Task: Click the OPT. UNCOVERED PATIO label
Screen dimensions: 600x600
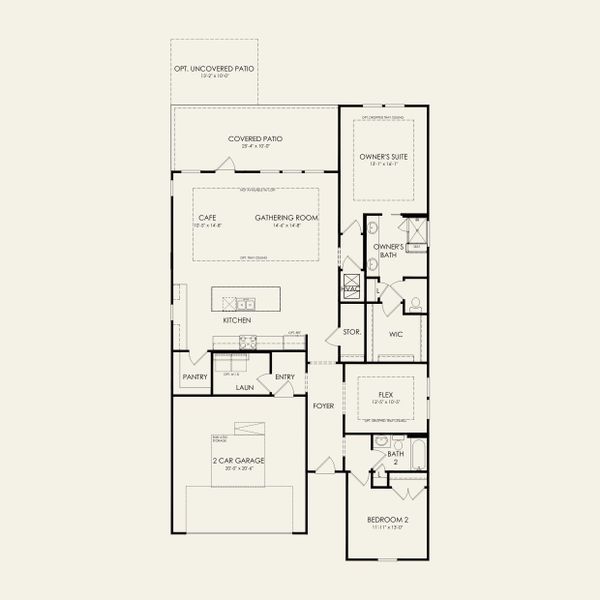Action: tap(214, 68)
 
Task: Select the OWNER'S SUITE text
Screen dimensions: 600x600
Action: tap(385, 157)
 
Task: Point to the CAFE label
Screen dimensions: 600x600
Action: tap(208, 218)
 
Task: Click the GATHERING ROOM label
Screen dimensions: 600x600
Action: tap(286, 218)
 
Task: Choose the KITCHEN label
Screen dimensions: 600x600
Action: tap(237, 320)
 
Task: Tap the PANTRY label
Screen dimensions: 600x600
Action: tap(195, 377)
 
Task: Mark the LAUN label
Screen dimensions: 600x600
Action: tap(244, 386)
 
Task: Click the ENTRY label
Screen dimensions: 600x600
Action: tap(285, 377)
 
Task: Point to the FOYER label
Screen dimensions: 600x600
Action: tap(322, 406)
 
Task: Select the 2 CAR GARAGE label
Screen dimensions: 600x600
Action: tap(232, 460)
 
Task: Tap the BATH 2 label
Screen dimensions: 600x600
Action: tap(396, 458)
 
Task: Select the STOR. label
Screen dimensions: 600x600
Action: tap(351, 331)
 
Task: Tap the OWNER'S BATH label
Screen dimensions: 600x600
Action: tap(388, 250)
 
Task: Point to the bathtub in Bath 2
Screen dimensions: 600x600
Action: tap(418, 456)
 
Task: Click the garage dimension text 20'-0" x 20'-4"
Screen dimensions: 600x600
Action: tap(232, 468)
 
